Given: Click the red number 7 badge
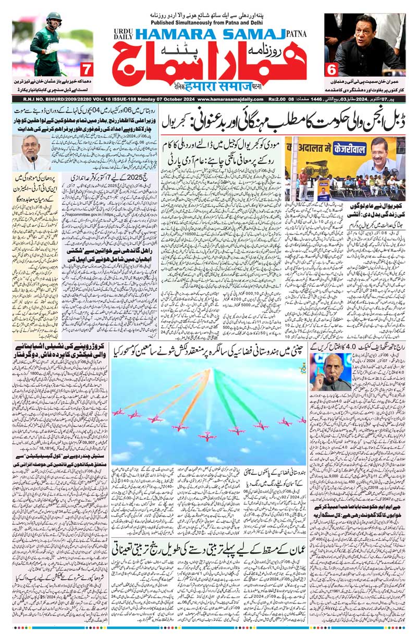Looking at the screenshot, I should [87, 68].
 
